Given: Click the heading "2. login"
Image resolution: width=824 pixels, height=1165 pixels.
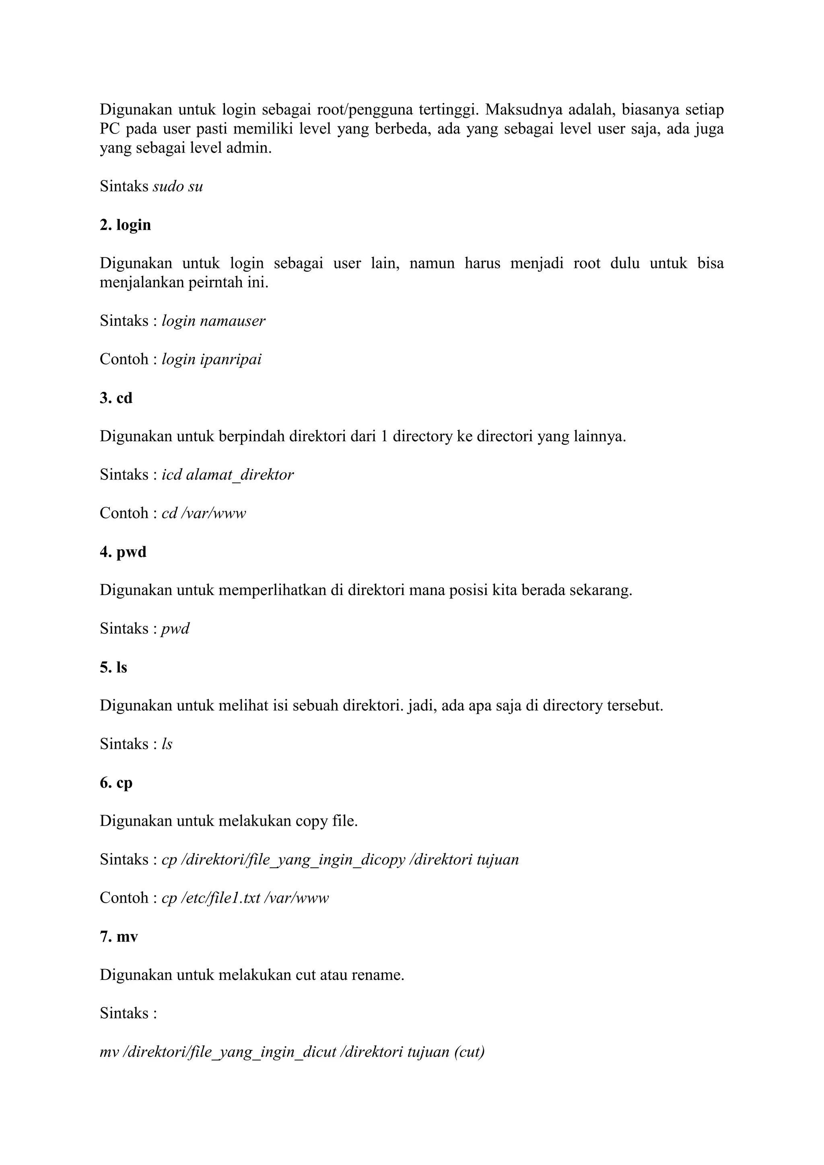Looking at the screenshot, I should click(x=125, y=225).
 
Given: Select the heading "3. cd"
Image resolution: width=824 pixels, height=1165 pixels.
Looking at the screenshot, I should click(x=116, y=398).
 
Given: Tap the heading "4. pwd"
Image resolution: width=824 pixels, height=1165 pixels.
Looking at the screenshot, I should click(x=123, y=552).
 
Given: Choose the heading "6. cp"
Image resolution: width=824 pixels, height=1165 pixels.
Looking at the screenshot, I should click(x=116, y=782).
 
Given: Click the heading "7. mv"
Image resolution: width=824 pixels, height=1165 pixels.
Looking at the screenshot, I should click(x=119, y=936).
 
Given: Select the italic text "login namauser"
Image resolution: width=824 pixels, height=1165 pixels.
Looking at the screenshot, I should click(x=213, y=321).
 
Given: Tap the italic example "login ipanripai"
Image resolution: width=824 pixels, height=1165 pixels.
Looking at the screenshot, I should click(x=212, y=359).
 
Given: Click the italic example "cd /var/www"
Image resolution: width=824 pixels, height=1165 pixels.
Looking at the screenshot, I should click(x=204, y=513).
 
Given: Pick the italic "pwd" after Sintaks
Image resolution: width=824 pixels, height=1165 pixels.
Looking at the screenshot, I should click(x=175, y=629).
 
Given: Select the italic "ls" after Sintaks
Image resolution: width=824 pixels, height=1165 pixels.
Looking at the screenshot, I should click(x=167, y=744).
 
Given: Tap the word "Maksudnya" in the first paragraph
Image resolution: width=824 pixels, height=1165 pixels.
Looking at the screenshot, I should click(x=523, y=109).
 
